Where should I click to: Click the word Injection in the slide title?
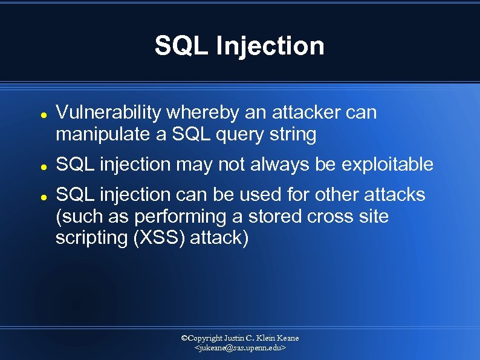click(271, 46)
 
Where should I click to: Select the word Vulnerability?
click(108, 113)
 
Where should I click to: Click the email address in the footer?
click(240, 349)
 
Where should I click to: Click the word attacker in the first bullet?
click(305, 113)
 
